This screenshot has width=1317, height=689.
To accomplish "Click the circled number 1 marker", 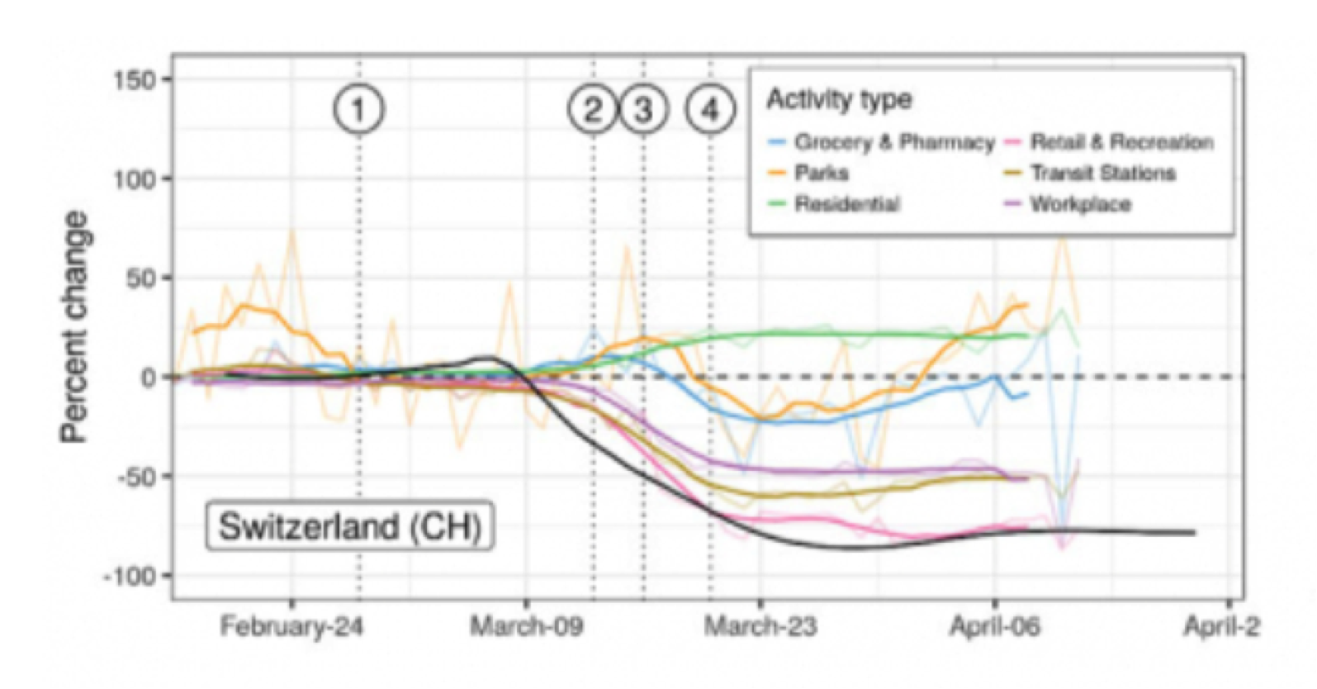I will pos(359,110).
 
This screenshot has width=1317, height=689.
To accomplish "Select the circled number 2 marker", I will pos(593,110).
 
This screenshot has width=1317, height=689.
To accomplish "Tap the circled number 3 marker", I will pos(644,110).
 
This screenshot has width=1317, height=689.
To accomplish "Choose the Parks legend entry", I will pos(821,173).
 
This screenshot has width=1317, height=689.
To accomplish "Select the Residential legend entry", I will pos(846,204).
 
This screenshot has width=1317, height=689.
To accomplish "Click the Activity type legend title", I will pos(839,99).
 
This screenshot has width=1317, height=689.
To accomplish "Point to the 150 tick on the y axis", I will pos(135,80).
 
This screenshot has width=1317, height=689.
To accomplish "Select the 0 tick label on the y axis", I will pos(148,378).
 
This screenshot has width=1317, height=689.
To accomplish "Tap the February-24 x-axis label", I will pos(291,626).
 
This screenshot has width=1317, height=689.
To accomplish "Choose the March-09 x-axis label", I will pos(526,626).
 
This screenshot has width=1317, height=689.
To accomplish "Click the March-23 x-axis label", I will pos(760,626).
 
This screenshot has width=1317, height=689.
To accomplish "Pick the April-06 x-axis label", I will pos(995,626).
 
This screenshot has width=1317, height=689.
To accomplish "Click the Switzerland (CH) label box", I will pos(350,526).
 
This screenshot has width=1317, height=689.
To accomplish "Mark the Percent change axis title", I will pos(74,326).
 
